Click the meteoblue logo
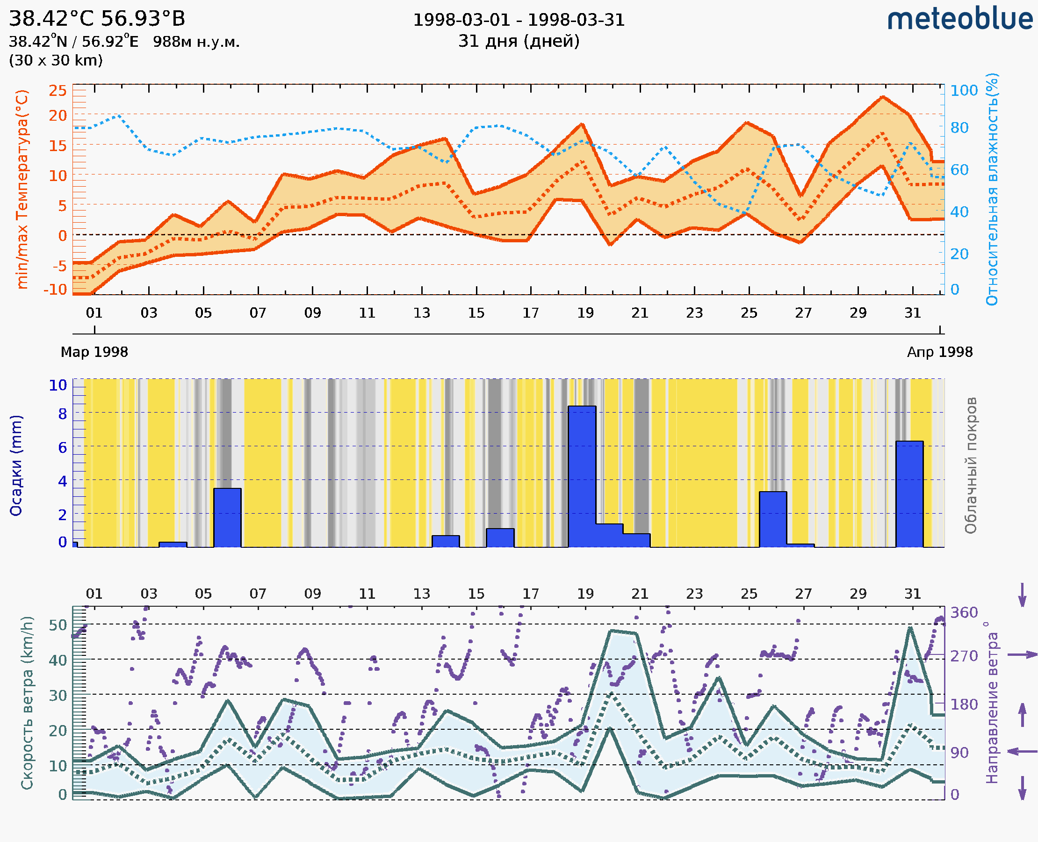[x=959, y=19]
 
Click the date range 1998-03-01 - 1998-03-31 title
[x=519, y=20]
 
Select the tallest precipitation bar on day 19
[x=582, y=476]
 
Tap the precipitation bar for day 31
[x=909, y=494]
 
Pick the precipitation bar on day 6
[x=227, y=517]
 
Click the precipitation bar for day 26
[x=773, y=519]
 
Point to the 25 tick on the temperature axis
[x=58, y=91]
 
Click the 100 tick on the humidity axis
[x=964, y=91]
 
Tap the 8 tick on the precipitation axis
[x=62, y=414]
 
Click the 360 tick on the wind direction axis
[x=964, y=613]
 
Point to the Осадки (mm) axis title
[x=16, y=465]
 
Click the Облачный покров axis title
[x=970, y=465]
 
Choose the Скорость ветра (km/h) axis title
[x=27, y=703]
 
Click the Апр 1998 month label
[x=940, y=352]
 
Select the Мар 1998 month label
[x=94, y=352]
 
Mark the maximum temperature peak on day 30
[x=882, y=96]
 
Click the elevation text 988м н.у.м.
[x=196, y=42]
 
